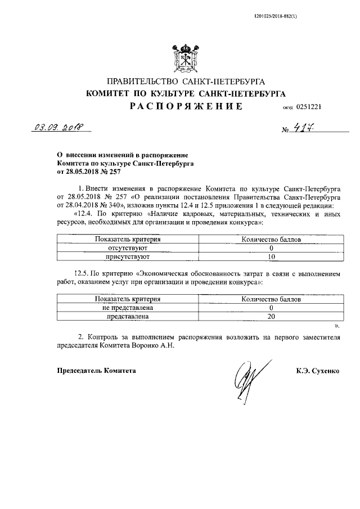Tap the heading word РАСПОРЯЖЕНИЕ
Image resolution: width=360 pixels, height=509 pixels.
click(x=186, y=106)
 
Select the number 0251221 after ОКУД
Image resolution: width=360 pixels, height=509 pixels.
click(x=308, y=106)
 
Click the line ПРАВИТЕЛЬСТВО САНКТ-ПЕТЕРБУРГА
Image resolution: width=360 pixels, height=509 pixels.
click(x=186, y=82)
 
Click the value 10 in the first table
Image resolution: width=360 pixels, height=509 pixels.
click(x=271, y=256)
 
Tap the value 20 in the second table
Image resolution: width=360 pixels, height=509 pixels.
click(x=271, y=317)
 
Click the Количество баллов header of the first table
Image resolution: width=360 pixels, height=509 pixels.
click(x=271, y=239)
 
